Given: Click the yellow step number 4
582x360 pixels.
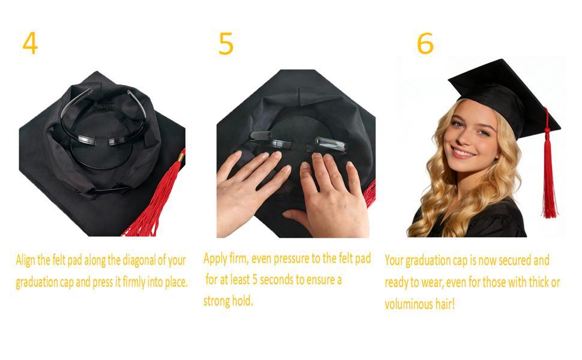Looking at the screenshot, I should pyautogui.click(x=29, y=43).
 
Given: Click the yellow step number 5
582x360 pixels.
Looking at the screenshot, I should pyautogui.click(x=226, y=44).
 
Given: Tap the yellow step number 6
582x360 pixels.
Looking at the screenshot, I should pyautogui.click(x=425, y=44).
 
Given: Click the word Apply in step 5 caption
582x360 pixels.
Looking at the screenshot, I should pyautogui.click(x=215, y=259).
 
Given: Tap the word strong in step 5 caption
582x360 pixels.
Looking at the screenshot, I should pyautogui.click(x=217, y=301).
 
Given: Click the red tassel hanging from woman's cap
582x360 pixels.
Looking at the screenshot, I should pyautogui.click(x=548, y=174).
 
